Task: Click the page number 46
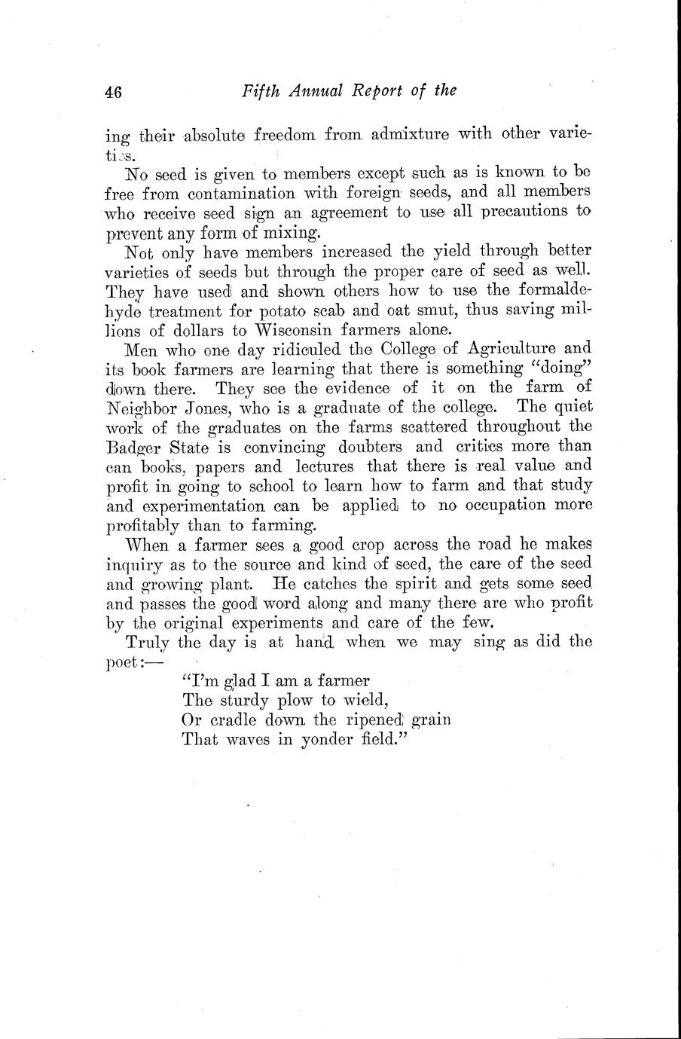115,92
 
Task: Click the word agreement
350,212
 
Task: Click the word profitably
142,525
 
